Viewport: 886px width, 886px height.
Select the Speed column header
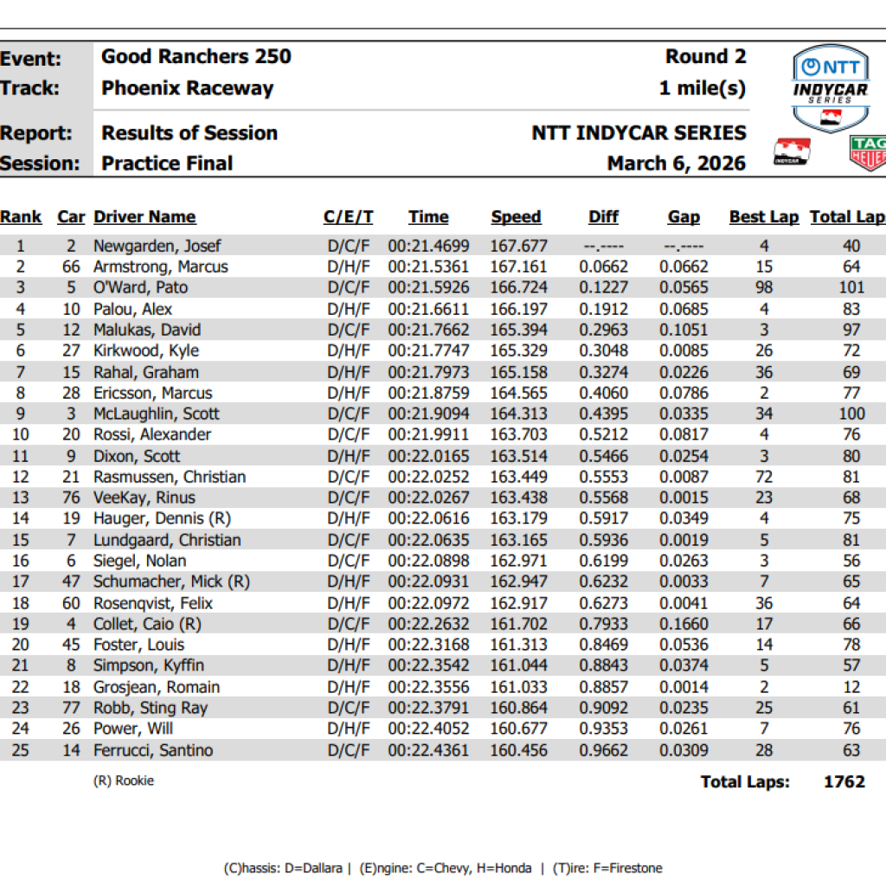(516, 217)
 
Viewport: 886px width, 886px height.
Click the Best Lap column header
(763, 217)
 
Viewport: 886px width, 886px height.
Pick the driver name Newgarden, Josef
(157, 246)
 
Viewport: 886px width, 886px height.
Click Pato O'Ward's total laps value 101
(851, 287)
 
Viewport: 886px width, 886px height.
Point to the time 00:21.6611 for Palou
(428, 309)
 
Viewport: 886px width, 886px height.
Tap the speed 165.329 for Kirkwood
(518, 350)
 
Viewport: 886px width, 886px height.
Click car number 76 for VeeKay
(71, 498)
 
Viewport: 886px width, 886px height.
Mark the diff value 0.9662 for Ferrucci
(603, 750)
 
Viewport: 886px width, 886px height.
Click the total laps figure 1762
(844, 781)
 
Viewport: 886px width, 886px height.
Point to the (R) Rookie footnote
(123, 780)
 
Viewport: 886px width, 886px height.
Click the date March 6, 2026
(676, 164)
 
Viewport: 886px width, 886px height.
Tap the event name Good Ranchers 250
(196, 57)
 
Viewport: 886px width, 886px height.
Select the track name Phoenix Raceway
(187, 88)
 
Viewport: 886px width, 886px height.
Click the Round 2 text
(704, 57)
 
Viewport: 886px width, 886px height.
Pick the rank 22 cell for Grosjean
(19, 687)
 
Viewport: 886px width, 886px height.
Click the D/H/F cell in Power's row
(348, 729)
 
